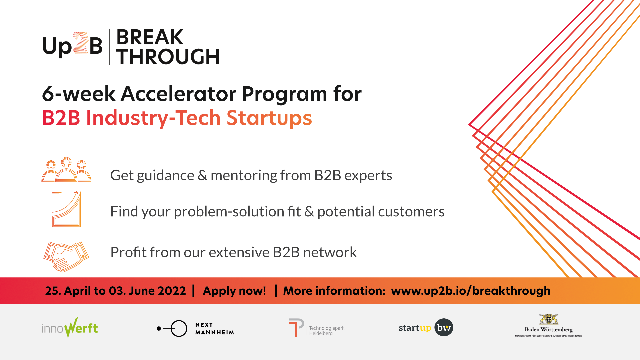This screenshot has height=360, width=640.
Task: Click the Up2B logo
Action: click(72, 45)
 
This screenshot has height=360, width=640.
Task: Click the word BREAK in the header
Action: click(150, 37)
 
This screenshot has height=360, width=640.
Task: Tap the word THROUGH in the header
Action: click(168, 57)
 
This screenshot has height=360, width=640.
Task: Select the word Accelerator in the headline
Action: click(179, 94)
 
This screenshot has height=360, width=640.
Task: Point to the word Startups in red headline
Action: click(269, 118)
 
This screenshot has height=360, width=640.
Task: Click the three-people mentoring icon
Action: click(66, 170)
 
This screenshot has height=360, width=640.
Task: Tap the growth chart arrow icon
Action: click(66, 209)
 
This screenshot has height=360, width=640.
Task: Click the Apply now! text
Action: click(234, 291)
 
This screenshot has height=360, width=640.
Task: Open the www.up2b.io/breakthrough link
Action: click(471, 291)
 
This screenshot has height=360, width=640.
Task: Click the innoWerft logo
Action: click(70, 328)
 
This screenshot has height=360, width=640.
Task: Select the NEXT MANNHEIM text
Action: click(215, 329)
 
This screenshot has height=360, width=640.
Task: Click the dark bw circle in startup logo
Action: click(444, 327)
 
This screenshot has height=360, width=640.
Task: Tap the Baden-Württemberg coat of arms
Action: click(549, 319)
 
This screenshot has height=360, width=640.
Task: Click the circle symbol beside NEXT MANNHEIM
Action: click(179, 320)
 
